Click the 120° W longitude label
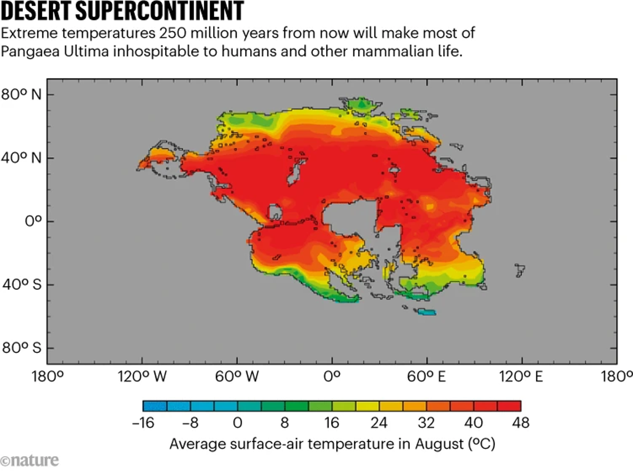141,377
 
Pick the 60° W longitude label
236,377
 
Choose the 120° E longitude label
521,377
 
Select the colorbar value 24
379,422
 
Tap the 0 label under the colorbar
237,422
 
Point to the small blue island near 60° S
426,312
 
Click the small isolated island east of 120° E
520,271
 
